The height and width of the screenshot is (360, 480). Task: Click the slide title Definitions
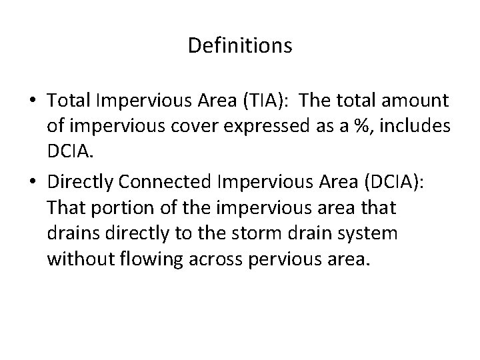(x=240, y=45)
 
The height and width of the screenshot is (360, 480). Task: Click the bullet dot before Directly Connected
(x=32, y=182)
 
